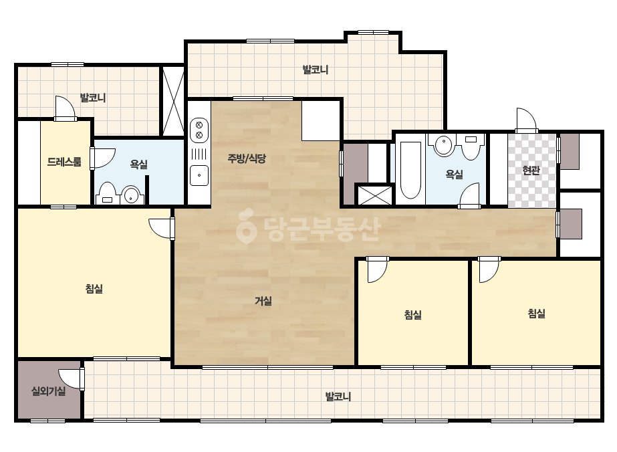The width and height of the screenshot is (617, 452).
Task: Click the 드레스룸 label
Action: coord(64,161)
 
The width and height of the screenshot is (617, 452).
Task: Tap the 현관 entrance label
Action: coord(531,171)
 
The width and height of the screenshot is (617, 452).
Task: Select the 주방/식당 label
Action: coord(247,158)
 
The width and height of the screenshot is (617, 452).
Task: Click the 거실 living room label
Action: coord(263,301)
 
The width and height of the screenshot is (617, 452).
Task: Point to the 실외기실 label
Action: coord(48,391)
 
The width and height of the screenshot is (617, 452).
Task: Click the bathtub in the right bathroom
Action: coord(410,170)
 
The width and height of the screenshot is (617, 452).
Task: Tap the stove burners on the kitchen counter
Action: coord(199,130)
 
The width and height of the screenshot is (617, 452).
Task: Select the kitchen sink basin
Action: coord(199,176)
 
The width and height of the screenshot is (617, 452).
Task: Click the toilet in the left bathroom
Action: coord(107,194)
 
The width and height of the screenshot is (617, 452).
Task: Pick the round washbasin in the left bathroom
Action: coord(130,195)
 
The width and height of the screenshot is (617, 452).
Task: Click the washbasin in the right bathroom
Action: coord(443,145)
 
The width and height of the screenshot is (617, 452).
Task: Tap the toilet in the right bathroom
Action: coord(471,147)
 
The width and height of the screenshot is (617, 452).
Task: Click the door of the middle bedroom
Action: coord(377,269)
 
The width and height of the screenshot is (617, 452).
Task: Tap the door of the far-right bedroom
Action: coord(489,269)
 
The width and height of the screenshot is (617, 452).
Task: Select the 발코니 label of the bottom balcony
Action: coord(338,397)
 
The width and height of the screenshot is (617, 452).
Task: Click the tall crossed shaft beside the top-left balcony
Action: coord(174,101)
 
